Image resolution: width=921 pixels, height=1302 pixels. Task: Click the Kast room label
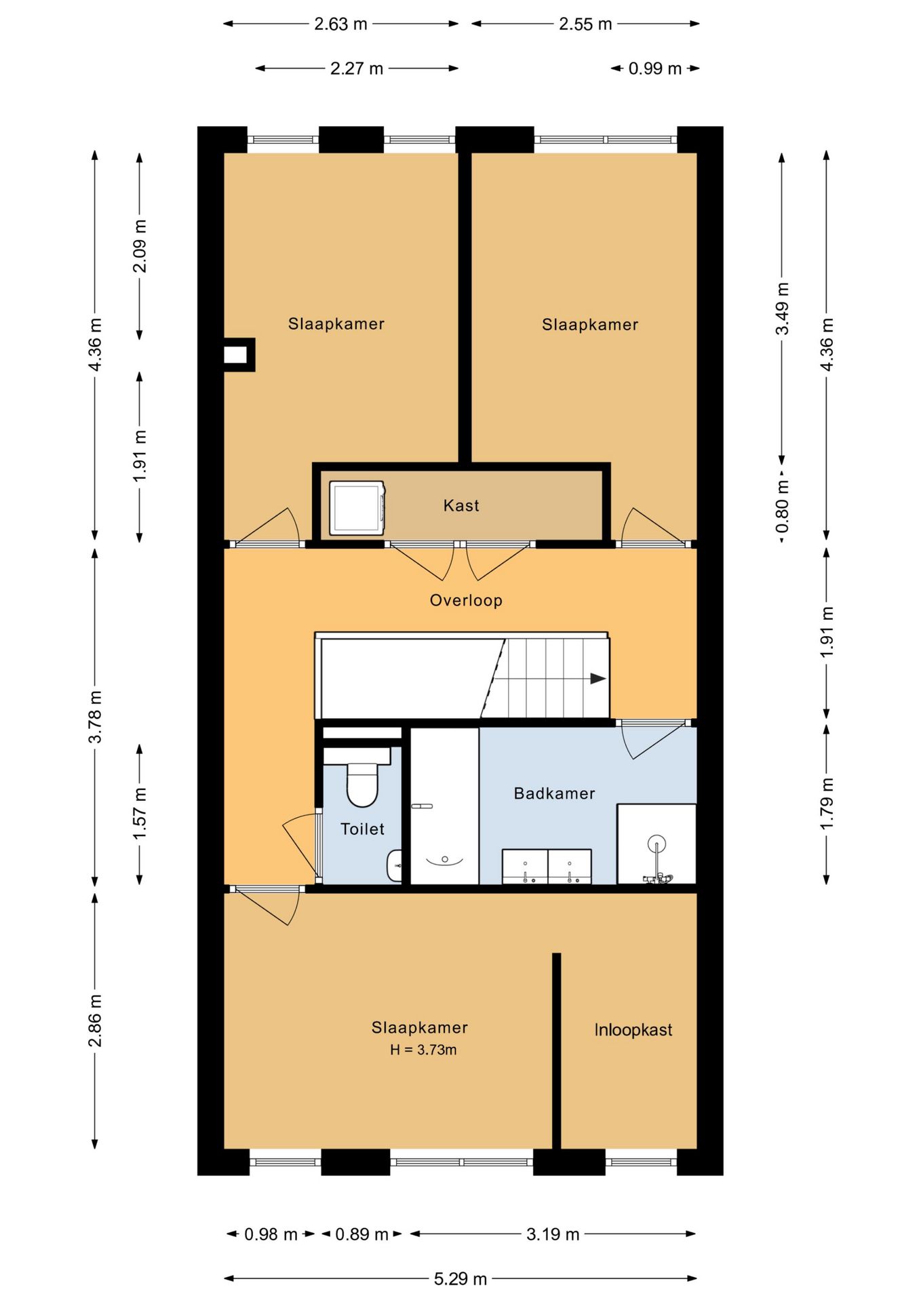[x=461, y=505]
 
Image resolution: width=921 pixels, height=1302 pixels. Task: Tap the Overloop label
[x=466, y=601]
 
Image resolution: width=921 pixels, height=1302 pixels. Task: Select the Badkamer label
[x=554, y=793]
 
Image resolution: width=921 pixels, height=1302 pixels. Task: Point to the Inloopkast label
[x=633, y=1030]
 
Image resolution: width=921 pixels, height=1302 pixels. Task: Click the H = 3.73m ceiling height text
[x=423, y=1050]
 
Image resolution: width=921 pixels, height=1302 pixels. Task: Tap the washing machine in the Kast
[x=357, y=508]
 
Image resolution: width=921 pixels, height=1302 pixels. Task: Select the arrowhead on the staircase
[x=598, y=678]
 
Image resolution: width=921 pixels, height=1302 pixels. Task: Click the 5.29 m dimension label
[x=460, y=1279]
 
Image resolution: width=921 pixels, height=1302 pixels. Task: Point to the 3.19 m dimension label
[x=553, y=1234]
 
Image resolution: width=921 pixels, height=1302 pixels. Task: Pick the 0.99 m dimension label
[x=654, y=68]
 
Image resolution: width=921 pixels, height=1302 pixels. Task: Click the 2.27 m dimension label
[x=357, y=68]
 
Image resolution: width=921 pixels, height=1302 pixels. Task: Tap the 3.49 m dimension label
[x=782, y=309]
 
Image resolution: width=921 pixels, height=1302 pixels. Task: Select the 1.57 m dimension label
[x=140, y=814]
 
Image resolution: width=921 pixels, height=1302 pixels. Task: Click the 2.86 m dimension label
[x=95, y=1021]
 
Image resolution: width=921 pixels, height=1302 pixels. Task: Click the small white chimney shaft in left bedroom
[x=235, y=355]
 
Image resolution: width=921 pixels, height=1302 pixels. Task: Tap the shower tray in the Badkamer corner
[x=657, y=844]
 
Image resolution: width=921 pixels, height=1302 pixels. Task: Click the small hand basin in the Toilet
[x=395, y=866]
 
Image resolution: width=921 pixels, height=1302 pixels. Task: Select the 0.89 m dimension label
[x=361, y=1234]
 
